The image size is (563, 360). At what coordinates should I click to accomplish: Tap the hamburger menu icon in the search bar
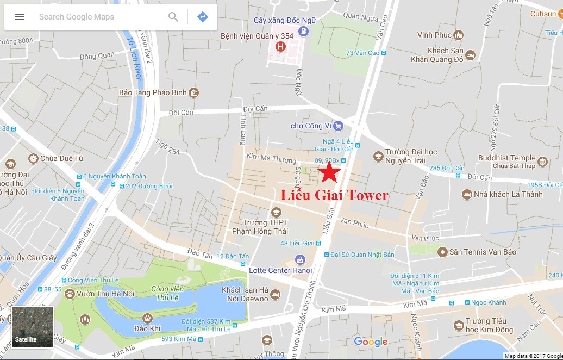coord(20,17)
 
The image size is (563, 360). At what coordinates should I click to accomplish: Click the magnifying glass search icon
coord(173,17)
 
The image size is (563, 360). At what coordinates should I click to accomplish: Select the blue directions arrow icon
coord(203,17)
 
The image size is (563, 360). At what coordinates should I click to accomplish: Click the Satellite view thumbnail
coord(33,327)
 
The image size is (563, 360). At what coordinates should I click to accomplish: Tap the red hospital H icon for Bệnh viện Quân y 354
coord(280,47)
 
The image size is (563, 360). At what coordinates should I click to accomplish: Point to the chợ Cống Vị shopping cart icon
coord(338,126)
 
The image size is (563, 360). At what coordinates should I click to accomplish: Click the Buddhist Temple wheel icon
coord(542,162)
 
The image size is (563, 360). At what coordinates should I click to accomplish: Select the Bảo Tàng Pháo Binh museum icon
coord(193,93)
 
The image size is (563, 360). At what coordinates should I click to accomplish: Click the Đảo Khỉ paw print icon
coord(147,318)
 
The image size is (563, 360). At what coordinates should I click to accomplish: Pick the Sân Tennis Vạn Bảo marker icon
coord(443,252)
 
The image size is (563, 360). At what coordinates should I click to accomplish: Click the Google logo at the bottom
coord(371,342)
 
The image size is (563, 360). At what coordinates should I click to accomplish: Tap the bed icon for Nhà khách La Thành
coord(466,194)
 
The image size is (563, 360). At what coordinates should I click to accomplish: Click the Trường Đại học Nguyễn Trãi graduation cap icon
coord(378,157)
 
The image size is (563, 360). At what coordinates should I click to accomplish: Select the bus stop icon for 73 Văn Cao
coord(384,53)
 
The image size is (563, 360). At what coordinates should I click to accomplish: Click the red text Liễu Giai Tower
coord(334,195)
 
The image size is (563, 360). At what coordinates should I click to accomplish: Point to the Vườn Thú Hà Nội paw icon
coord(70,294)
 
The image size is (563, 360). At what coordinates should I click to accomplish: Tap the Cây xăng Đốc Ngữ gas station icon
coord(303,32)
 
